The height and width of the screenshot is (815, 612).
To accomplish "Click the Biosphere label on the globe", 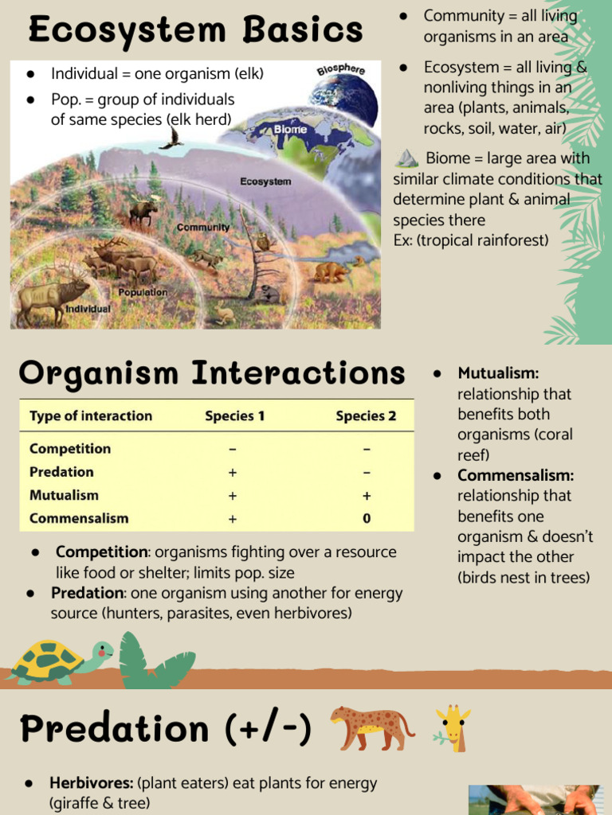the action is pos(341,70).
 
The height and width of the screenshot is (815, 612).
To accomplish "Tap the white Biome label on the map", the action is pos(290,129).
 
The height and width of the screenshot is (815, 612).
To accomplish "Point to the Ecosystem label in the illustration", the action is pos(265,181).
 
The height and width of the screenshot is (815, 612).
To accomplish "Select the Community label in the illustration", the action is pos(203,227).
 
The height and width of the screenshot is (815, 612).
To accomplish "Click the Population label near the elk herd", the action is pos(143,292).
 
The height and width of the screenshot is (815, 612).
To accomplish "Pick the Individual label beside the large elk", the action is pos(88,309).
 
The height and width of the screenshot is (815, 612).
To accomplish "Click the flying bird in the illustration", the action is pos(172,138).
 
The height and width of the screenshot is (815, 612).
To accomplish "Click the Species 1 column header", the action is pos(235,415).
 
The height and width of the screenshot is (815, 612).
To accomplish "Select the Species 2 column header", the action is pos(366,415).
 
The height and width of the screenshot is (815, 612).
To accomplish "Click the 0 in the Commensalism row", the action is pos(367,518).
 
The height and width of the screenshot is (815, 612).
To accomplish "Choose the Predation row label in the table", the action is pos(61,472).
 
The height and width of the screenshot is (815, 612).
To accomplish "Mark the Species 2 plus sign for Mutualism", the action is pos(367,496).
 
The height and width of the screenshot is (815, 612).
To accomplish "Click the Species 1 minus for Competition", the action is pos(233,449).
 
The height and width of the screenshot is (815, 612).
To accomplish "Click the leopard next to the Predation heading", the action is pos(372,727).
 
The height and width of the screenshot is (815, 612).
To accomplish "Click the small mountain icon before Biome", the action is pos(406,158).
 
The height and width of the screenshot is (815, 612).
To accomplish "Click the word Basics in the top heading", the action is pos(302,29).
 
